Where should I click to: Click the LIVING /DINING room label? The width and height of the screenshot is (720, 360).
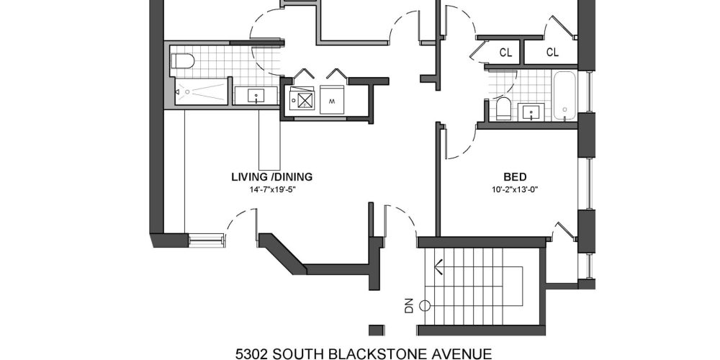pos(271,176)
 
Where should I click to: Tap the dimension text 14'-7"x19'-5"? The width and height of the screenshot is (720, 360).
pos(271,190)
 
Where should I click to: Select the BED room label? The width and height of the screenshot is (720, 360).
pos(514,176)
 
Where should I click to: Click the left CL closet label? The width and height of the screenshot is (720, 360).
pos(506,52)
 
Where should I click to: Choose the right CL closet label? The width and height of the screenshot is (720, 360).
pos(552,52)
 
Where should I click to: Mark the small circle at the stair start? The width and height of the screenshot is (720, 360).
pos(425,304)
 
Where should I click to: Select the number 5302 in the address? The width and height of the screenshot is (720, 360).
pos(252,353)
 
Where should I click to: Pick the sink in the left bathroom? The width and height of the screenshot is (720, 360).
pos(256,95)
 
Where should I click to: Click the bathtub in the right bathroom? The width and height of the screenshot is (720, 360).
pos(565,96)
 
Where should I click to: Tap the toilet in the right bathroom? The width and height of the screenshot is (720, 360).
pos(503,109)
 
